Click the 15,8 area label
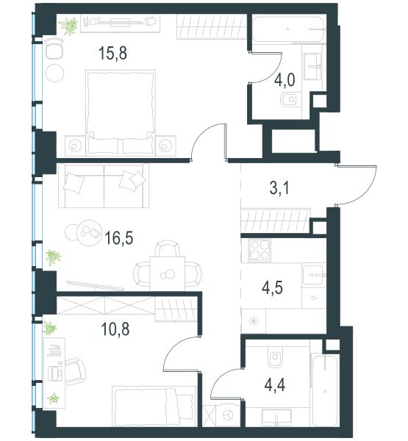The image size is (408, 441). tap(112, 53)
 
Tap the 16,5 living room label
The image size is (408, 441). tap(119, 238)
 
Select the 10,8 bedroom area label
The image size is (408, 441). tap(115, 329)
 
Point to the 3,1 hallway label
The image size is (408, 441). tap(279, 188)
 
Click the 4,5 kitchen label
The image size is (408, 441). tap(273, 287)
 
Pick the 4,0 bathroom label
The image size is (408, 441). tap(284, 80)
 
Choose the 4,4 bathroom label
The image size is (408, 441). tap(275, 385)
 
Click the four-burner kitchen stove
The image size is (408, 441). tap(260, 250)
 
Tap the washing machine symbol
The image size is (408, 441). tap(228, 415)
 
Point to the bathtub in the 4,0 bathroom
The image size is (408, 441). tap(289, 29)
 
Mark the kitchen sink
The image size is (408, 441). tap(313, 275)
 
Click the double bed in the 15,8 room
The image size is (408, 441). tap(121, 113)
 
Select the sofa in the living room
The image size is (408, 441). tap(104, 186)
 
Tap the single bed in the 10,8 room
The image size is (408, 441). tap(154, 406)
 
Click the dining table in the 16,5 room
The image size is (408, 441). tap(168, 273)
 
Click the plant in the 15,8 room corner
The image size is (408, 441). tap(68, 26)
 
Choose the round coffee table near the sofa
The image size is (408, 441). tap(90, 233)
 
